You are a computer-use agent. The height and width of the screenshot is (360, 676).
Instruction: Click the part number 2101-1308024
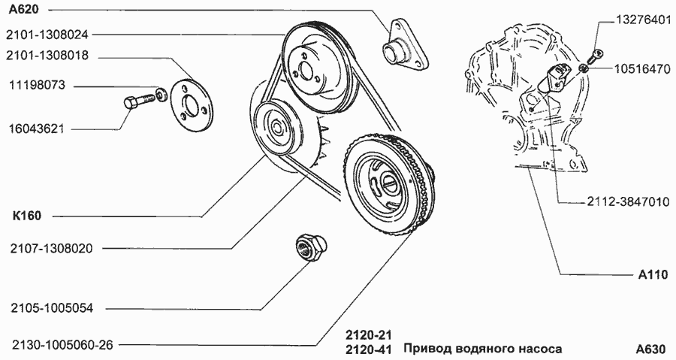coord(47,35)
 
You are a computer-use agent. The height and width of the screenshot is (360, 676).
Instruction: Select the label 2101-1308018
coord(47,56)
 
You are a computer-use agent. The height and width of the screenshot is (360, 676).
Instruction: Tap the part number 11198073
coord(37,85)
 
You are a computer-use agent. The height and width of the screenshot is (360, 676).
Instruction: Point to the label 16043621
coord(37,129)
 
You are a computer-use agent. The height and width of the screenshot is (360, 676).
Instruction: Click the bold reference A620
coord(24,9)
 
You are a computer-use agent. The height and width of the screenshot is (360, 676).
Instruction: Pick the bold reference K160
coord(27,216)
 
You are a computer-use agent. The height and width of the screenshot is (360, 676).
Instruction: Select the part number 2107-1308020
coord(51,249)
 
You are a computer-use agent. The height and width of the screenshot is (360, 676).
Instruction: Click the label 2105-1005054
coord(52,309)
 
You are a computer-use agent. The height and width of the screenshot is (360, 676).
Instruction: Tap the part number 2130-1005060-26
coord(62,345)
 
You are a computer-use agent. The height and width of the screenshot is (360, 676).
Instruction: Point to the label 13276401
coord(643,20)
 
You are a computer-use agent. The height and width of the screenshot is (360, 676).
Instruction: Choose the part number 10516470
coord(642,69)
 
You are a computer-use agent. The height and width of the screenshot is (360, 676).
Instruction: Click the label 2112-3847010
coord(628,202)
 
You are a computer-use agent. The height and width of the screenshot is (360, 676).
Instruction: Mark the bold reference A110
coord(653,274)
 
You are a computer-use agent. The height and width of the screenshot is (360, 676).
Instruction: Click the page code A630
coord(651,349)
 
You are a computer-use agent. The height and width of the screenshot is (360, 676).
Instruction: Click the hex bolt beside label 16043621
coord(139,101)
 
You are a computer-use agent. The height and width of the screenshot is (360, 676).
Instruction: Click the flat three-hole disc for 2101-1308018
coord(189,105)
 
